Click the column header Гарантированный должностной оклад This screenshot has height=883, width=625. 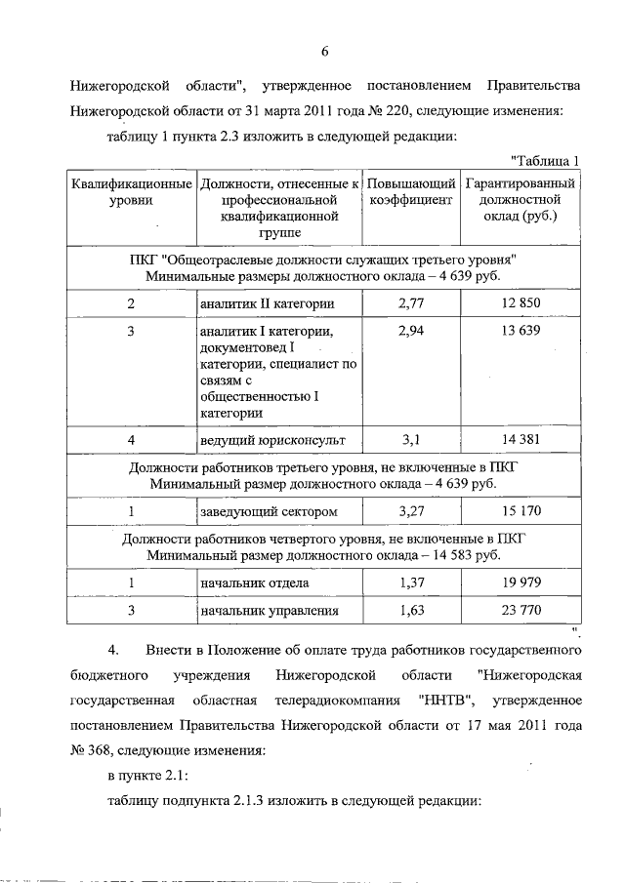click(521, 199)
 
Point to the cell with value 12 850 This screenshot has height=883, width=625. click(521, 303)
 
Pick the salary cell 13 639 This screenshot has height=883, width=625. click(521, 333)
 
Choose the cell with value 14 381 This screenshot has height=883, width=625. click(521, 440)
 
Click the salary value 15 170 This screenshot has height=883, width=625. click(521, 510)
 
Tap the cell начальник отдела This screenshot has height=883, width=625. click(255, 583)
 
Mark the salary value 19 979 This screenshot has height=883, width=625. click(521, 583)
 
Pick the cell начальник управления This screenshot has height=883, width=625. click(269, 612)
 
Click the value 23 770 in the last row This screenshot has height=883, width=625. click(521, 612)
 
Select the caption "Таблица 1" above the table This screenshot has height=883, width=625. click(546, 161)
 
